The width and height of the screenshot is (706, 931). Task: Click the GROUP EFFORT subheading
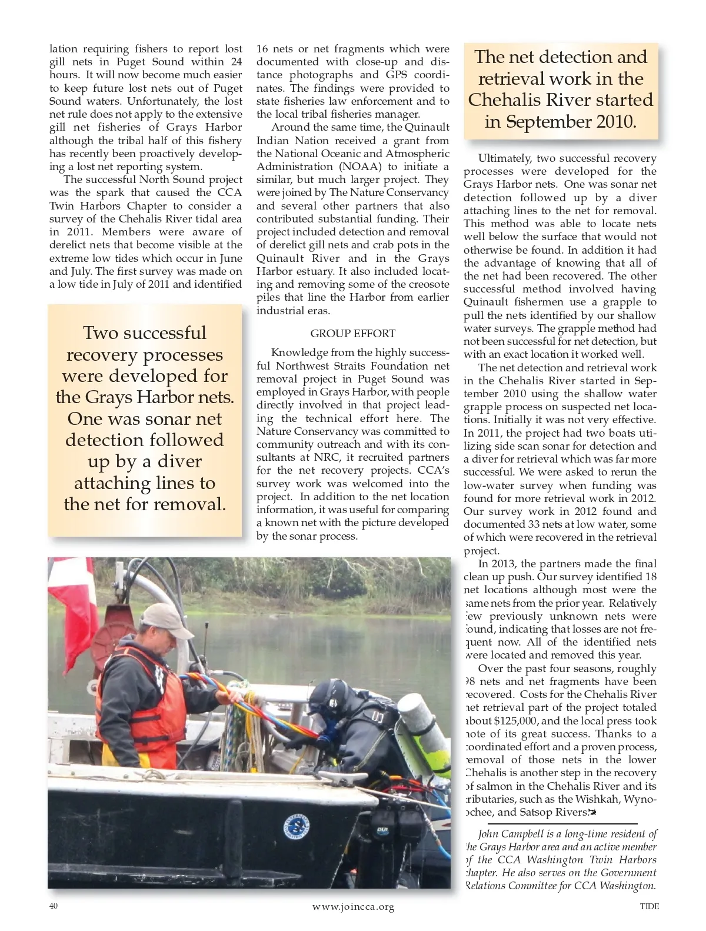[x=352, y=334]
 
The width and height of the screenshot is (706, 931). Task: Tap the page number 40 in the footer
[x=54, y=906]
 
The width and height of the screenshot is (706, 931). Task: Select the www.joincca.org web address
[x=353, y=906]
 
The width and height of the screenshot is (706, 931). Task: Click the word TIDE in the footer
[x=649, y=906]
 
